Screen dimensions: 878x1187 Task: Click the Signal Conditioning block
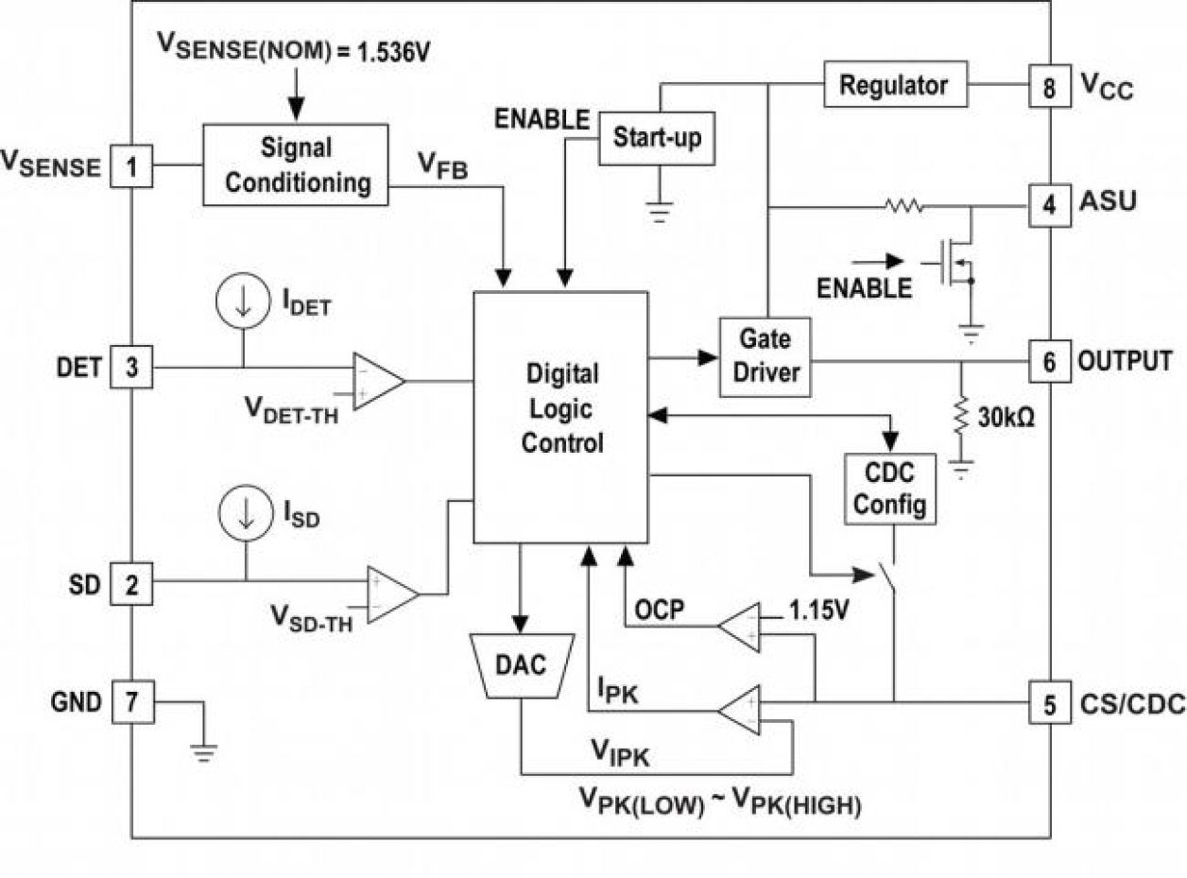[296, 164]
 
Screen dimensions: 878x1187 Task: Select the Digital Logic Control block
[560, 417]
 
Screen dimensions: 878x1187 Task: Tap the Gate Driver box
[765, 356]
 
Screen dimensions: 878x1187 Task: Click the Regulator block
[893, 85]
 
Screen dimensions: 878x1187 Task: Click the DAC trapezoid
[521, 665]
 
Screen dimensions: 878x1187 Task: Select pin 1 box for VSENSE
[131, 167]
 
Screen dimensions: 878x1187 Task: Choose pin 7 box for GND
[131, 701]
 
